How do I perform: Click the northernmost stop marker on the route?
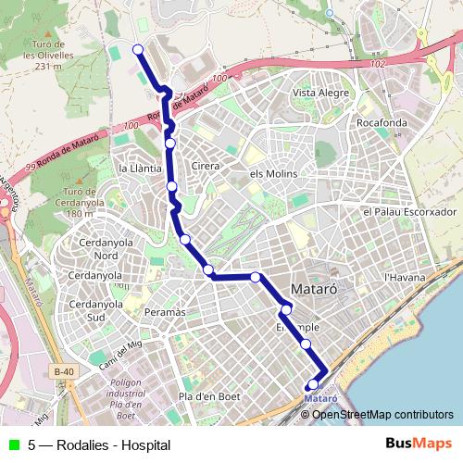tap(138, 50)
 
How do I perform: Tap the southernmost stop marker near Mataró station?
tap(313, 384)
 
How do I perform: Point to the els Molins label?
tap(271, 173)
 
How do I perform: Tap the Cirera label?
tap(205, 166)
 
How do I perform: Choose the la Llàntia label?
tap(141, 169)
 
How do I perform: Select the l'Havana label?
tap(404, 277)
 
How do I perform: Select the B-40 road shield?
tap(63, 372)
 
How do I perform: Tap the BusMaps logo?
tap(419, 444)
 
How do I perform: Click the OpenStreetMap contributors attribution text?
tap(382, 414)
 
